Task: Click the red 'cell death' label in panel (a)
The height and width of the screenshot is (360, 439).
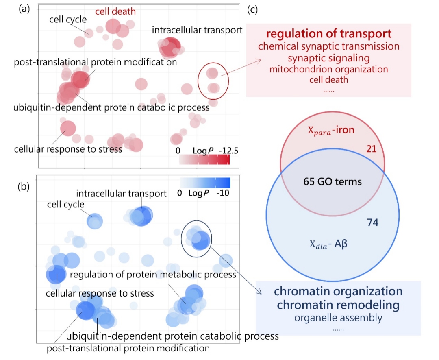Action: click(x=115, y=11)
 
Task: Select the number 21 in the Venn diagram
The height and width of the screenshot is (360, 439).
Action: click(x=371, y=149)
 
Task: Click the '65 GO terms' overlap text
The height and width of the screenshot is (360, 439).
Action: click(x=333, y=181)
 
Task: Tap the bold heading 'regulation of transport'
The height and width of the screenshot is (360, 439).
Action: click(x=329, y=34)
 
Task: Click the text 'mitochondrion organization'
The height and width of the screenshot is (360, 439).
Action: click(x=328, y=69)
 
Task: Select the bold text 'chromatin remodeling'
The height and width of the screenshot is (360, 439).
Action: click(x=338, y=305)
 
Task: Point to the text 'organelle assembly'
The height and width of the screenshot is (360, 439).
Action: click(x=338, y=317)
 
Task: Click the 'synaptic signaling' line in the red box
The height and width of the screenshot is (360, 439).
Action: click(x=328, y=58)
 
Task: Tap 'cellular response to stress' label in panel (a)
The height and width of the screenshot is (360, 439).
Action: click(x=68, y=149)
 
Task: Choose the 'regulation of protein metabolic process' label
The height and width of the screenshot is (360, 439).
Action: click(x=153, y=275)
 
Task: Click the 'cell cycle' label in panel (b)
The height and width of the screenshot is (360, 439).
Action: click(x=65, y=205)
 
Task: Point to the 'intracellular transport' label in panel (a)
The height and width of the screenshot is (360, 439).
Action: click(x=197, y=30)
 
